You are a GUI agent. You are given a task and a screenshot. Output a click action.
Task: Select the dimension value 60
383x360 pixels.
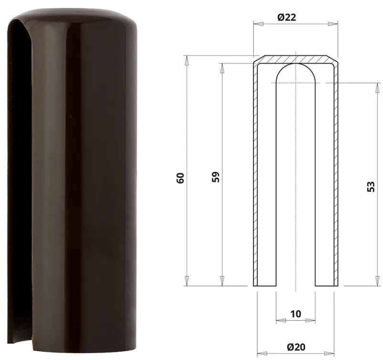[x=180, y=178]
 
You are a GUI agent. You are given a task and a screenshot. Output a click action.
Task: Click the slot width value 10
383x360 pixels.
[x=295, y=314]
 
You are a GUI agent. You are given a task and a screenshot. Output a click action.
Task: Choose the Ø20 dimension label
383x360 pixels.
[x=296, y=347]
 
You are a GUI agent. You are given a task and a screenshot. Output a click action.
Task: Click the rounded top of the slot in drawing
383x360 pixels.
[x=295, y=69]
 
